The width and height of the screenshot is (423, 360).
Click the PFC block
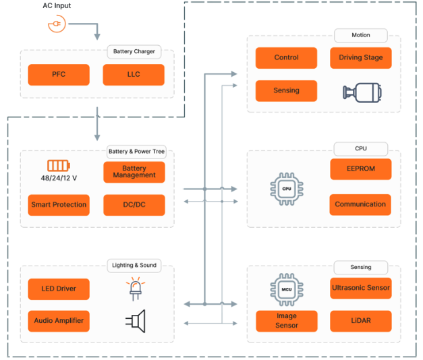[59, 74]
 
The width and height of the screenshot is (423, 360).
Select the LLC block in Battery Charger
[134, 74]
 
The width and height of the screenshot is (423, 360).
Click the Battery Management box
[134, 172]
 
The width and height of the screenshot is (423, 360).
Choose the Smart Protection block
[59, 205]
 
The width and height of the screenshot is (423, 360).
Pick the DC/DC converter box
[134, 205]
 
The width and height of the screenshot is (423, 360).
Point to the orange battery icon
[58, 165]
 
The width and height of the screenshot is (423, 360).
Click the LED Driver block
[59, 289]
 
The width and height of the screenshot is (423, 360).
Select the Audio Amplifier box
[59, 320]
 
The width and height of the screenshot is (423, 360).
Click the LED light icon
[135, 289]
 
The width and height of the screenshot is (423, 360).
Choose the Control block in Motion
[286, 58]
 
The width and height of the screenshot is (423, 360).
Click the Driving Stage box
[361, 58]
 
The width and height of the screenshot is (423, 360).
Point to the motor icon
[360, 92]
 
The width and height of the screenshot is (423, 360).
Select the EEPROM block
[361, 169]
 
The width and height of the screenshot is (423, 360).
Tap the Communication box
[361, 204]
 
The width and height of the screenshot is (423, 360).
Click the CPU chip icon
[286, 188]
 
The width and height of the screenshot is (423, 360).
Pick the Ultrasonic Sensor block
[361, 288]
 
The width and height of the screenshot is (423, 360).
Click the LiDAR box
[361, 321]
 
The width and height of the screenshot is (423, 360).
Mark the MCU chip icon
[286, 289]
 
